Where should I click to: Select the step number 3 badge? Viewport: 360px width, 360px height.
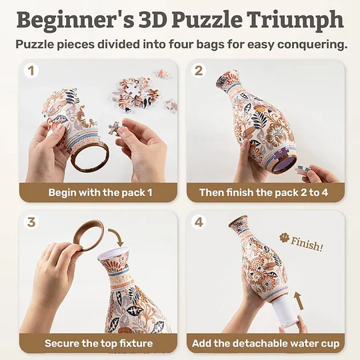pyautogui.click(x=31, y=223)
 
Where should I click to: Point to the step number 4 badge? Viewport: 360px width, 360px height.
pyautogui.click(x=198, y=223)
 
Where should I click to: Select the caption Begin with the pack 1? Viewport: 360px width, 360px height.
pyautogui.click(x=100, y=193)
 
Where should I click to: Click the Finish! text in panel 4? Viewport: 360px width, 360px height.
pyautogui.click(x=307, y=245)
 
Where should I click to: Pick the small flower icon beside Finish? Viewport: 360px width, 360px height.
pyautogui.click(x=284, y=237)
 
